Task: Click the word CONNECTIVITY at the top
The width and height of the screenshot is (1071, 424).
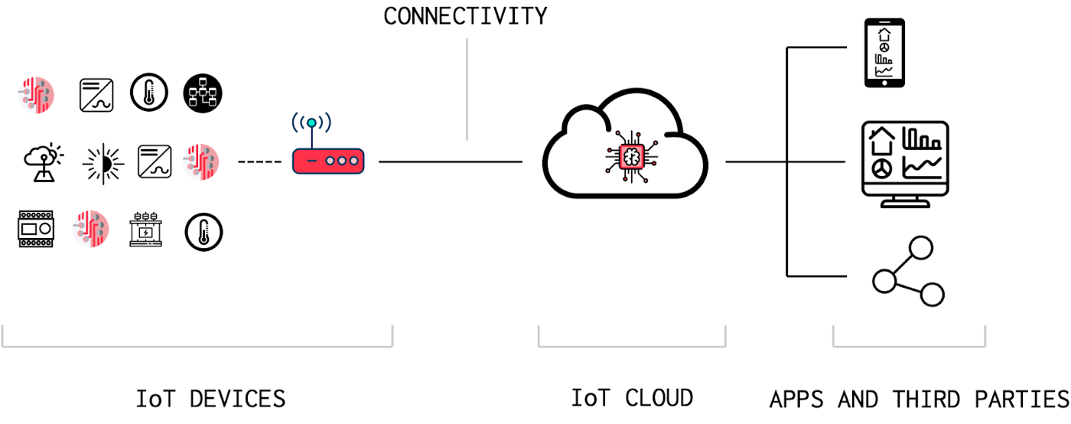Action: (465, 15)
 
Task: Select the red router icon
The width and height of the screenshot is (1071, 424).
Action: (328, 161)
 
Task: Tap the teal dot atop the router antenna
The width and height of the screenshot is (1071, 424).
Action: (311, 123)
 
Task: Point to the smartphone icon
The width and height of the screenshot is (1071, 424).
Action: (884, 54)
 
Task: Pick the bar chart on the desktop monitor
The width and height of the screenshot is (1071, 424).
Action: (921, 139)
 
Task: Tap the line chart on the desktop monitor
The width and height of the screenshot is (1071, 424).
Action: (923, 166)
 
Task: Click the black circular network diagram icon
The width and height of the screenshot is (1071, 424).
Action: (203, 95)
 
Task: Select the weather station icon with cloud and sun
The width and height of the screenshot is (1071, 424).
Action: (42, 161)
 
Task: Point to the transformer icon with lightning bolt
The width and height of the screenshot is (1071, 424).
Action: (146, 230)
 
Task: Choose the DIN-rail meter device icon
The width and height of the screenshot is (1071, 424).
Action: (36, 230)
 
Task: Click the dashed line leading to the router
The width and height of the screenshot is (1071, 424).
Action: (259, 162)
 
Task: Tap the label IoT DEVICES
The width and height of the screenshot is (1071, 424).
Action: (210, 399)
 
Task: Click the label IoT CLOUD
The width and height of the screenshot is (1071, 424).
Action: (632, 398)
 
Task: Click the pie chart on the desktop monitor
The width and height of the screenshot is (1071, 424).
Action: (882, 168)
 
